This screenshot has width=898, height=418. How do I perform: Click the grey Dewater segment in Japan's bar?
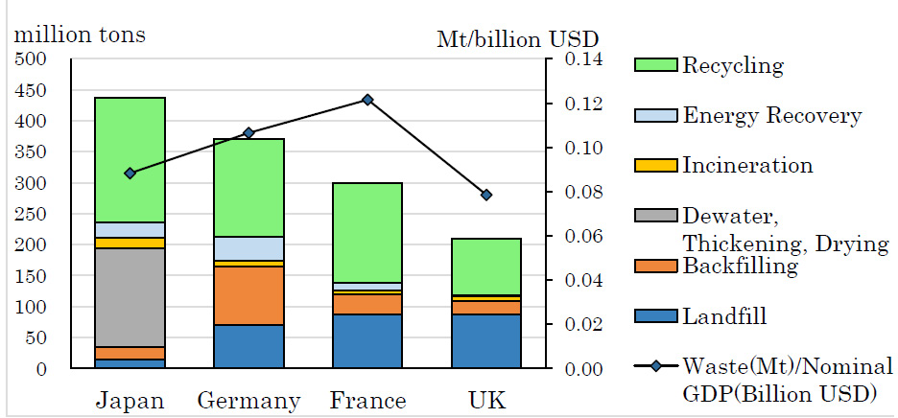point(130,297)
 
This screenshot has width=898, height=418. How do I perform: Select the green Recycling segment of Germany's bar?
point(248,187)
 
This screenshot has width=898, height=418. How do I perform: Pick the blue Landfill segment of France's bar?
point(366,340)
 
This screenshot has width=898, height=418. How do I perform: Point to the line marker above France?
point(367,100)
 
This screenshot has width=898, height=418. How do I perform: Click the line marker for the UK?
point(485,195)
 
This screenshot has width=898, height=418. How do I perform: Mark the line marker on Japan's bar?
point(130,173)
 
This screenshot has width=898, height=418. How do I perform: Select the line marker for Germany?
point(248,132)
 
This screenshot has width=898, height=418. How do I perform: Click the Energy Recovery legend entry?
point(770,116)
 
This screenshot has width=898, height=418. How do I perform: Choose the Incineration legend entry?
point(746,165)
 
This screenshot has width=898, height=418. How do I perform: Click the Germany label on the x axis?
point(248,400)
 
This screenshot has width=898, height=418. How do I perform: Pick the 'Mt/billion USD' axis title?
point(518,39)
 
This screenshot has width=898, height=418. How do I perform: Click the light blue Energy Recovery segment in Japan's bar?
point(130,229)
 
